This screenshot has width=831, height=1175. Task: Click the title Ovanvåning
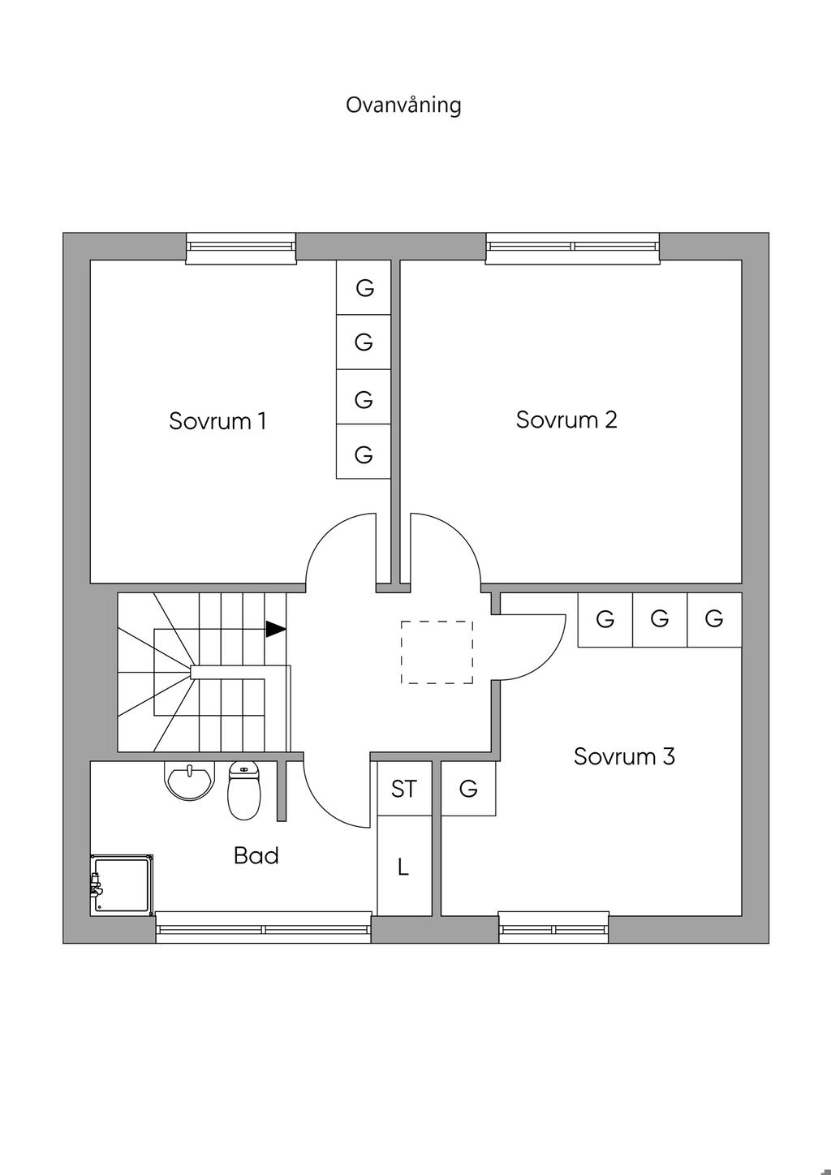pos(403,105)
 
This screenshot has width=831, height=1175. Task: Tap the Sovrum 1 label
pos(217,421)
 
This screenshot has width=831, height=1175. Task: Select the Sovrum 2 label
pos(566,420)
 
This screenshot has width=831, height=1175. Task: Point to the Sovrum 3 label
pos(624,756)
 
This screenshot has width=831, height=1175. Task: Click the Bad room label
pos(256,855)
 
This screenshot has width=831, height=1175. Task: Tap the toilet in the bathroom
pos(244,790)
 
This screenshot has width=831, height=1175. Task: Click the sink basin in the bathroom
pos(189,781)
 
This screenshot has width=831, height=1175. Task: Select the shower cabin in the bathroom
pos(122,885)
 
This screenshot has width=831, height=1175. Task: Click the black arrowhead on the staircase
pos(276,629)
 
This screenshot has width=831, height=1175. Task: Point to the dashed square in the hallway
pos(437,652)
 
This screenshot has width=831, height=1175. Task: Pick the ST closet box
pos(404,789)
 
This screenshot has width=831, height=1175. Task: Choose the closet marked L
pos(404,866)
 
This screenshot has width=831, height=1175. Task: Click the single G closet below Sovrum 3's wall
pos(468,789)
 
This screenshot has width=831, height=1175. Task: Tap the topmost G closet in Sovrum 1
pos(364,287)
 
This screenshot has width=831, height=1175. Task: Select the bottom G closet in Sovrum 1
pos(364,452)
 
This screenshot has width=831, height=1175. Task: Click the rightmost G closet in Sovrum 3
pos(714,619)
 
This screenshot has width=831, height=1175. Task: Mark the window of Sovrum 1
pos(241,247)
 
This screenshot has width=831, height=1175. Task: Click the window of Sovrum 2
pos(573,247)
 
